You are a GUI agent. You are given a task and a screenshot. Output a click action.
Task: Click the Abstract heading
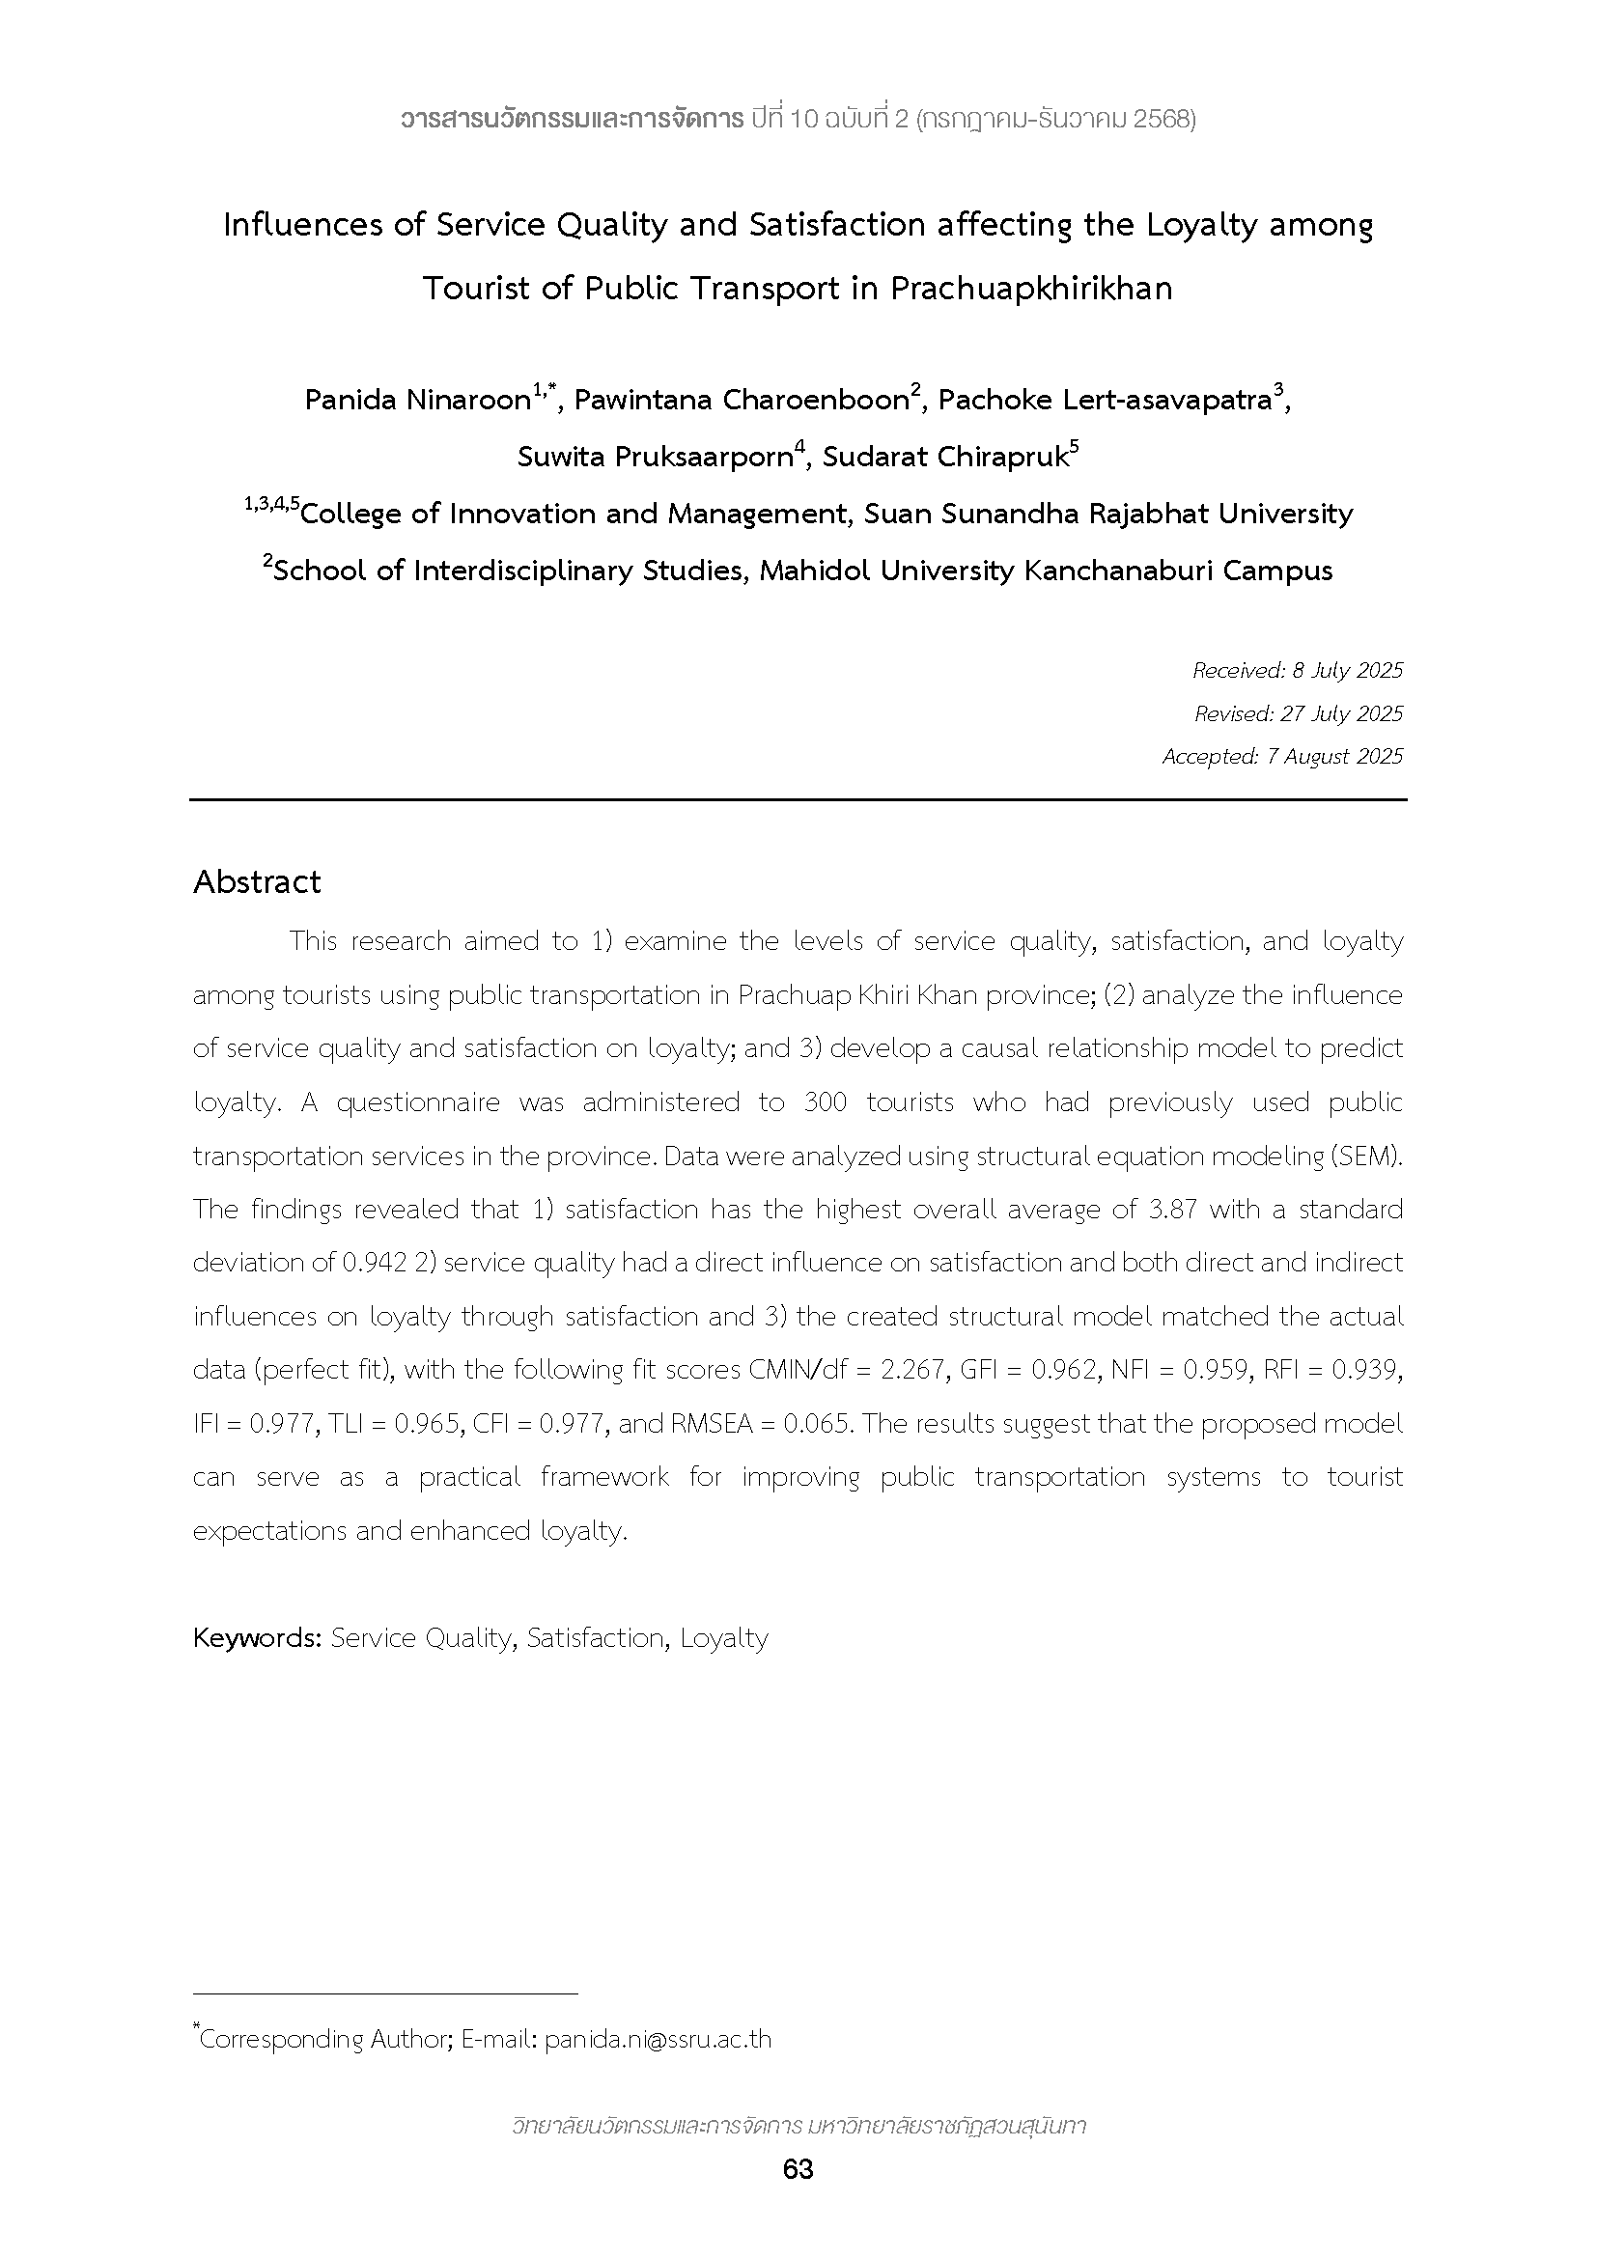tap(257, 881)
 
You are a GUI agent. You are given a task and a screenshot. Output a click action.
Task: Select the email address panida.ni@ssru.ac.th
tap(658, 2039)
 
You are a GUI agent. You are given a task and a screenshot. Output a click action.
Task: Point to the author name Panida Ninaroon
tap(417, 401)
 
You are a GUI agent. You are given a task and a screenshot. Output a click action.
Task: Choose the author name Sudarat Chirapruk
tap(945, 458)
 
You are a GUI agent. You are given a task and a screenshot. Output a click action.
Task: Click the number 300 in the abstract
tap(824, 1102)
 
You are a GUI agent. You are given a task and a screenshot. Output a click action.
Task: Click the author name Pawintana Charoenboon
tap(741, 401)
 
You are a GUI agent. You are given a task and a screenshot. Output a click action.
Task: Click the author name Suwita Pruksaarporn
tap(655, 458)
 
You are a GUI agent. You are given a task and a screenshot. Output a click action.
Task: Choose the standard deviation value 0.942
tap(374, 1263)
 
